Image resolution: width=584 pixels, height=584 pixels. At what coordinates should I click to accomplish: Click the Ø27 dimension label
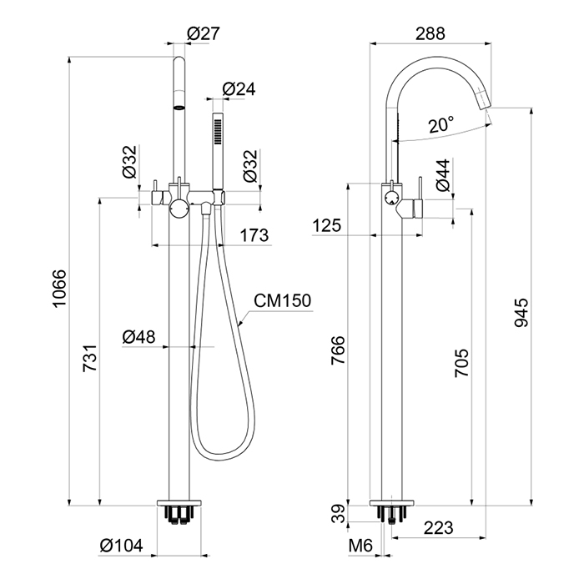pos(204,33)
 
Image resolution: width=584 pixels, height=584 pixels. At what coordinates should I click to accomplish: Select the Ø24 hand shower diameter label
pos(239,89)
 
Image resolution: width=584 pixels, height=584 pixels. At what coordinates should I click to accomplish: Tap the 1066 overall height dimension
pos(59,289)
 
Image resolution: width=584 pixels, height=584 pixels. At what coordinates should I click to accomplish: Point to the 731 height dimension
pos(90,358)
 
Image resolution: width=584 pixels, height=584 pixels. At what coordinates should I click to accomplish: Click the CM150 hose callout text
pos(282,300)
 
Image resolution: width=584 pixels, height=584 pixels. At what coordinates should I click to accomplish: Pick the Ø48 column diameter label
pos(139,337)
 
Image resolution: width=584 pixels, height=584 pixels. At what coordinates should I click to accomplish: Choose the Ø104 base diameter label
pos(122,546)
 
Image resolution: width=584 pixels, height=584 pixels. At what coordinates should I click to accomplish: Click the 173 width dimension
pos(254,235)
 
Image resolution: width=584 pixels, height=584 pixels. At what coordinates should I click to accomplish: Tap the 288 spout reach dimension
pos(430,33)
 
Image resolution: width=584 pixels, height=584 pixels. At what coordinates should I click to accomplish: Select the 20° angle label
pos(441,124)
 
